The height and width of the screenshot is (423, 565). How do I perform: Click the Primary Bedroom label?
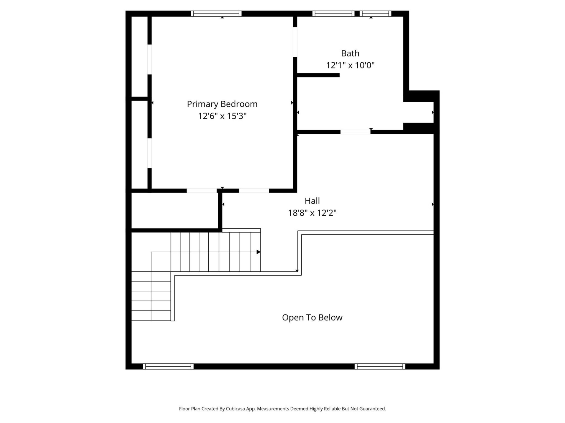pyautogui.click(x=222, y=104)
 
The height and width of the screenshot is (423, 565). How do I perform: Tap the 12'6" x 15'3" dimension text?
pyautogui.click(x=222, y=116)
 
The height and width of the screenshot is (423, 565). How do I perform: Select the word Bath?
pyautogui.click(x=350, y=53)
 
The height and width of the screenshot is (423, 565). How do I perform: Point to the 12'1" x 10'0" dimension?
pyautogui.click(x=350, y=65)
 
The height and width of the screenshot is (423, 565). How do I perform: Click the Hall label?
pyautogui.click(x=312, y=201)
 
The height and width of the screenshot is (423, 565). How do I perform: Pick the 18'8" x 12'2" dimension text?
pyautogui.click(x=312, y=213)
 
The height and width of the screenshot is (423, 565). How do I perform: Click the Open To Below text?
pyautogui.click(x=312, y=318)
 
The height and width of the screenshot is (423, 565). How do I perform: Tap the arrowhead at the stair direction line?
pyautogui.click(x=258, y=252)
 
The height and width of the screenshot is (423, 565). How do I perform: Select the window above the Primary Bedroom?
pyautogui.click(x=216, y=14)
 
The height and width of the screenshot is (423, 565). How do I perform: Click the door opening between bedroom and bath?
pyautogui.click(x=295, y=42)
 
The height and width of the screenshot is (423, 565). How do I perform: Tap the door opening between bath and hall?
pyautogui.click(x=355, y=132)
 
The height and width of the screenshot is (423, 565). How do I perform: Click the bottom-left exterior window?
pyautogui.click(x=168, y=366)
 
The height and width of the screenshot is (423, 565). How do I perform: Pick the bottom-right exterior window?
pyautogui.click(x=380, y=366)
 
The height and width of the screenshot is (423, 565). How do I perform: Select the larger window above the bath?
pyautogui.click(x=333, y=14)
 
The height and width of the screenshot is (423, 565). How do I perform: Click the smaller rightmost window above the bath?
pyautogui.click(x=375, y=14)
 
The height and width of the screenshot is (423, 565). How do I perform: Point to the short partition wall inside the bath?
pyautogui.click(x=318, y=75)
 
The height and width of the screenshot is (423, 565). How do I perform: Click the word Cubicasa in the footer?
pyautogui.click(x=235, y=409)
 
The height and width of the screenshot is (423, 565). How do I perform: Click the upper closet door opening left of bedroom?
pyautogui.click(x=149, y=59)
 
